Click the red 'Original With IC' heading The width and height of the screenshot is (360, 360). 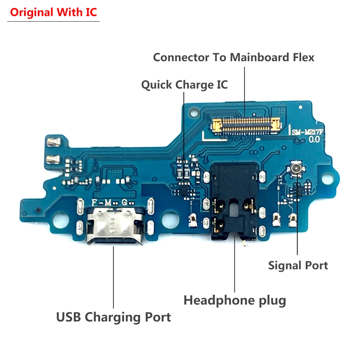tap(53, 12)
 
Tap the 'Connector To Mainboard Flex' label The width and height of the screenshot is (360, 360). tap(234, 57)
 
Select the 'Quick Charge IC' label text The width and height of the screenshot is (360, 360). tap(184, 85)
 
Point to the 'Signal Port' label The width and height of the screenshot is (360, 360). tap(298, 266)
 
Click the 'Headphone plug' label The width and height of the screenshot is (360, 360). tap(235, 300)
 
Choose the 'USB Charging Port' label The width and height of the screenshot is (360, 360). tap(113, 317)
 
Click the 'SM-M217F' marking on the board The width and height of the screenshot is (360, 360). tap(308, 132)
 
